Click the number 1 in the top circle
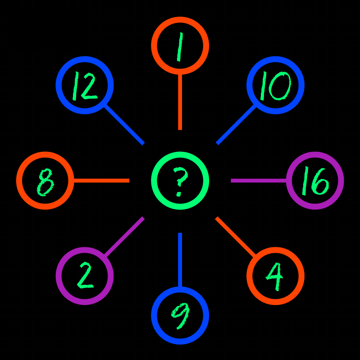pyautogui.click(x=180, y=46)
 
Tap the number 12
pyautogui.click(x=84, y=86)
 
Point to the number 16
pyautogui.click(x=315, y=181)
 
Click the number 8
pyautogui.click(x=45, y=182)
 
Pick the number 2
pyautogui.click(x=85, y=276)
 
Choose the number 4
pyautogui.click(x=275, y=276)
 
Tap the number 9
pyautogui.click(x=180, y=316)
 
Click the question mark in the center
pyautogui.click(x=180, y=181)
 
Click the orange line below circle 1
pyautogui.click(x=180, y=101)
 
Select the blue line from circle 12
pyautogui.click(x=124, y=125)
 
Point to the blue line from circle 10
pyautogui.click(x=236, y=125)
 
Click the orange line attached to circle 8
pyautogui.click(x=101, y=181)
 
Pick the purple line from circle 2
pyautogui.click(x=124, y=237)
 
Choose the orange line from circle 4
pyautogui.click(x=236, y=237)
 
